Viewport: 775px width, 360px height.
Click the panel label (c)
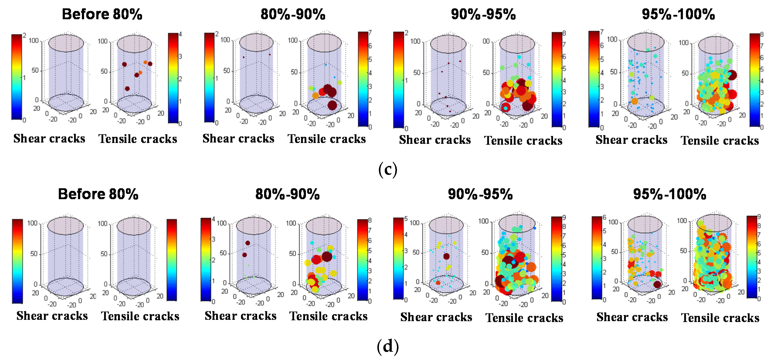point(387,169)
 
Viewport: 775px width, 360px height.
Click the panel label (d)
point(387,346)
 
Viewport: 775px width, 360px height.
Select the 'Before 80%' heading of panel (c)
point(102,14)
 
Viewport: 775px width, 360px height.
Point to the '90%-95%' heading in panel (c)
point(483,14)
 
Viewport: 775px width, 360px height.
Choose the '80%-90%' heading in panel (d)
point(287,194)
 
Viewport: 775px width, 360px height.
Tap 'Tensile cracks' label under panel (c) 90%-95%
point(523,141)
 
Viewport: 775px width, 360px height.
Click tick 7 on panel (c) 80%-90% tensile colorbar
point(370,32)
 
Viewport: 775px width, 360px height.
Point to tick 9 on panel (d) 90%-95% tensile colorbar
point(564,217)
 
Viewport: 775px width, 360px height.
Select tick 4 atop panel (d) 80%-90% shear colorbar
point(213,219)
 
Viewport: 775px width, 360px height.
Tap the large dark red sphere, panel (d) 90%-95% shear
point(446,256)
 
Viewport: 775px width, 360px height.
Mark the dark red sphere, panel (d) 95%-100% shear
point(657,284)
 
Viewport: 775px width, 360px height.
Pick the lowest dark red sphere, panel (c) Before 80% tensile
point(127,88)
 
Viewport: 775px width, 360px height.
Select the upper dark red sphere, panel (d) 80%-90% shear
point(248,243)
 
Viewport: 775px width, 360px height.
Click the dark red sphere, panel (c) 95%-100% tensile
point(732,75)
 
